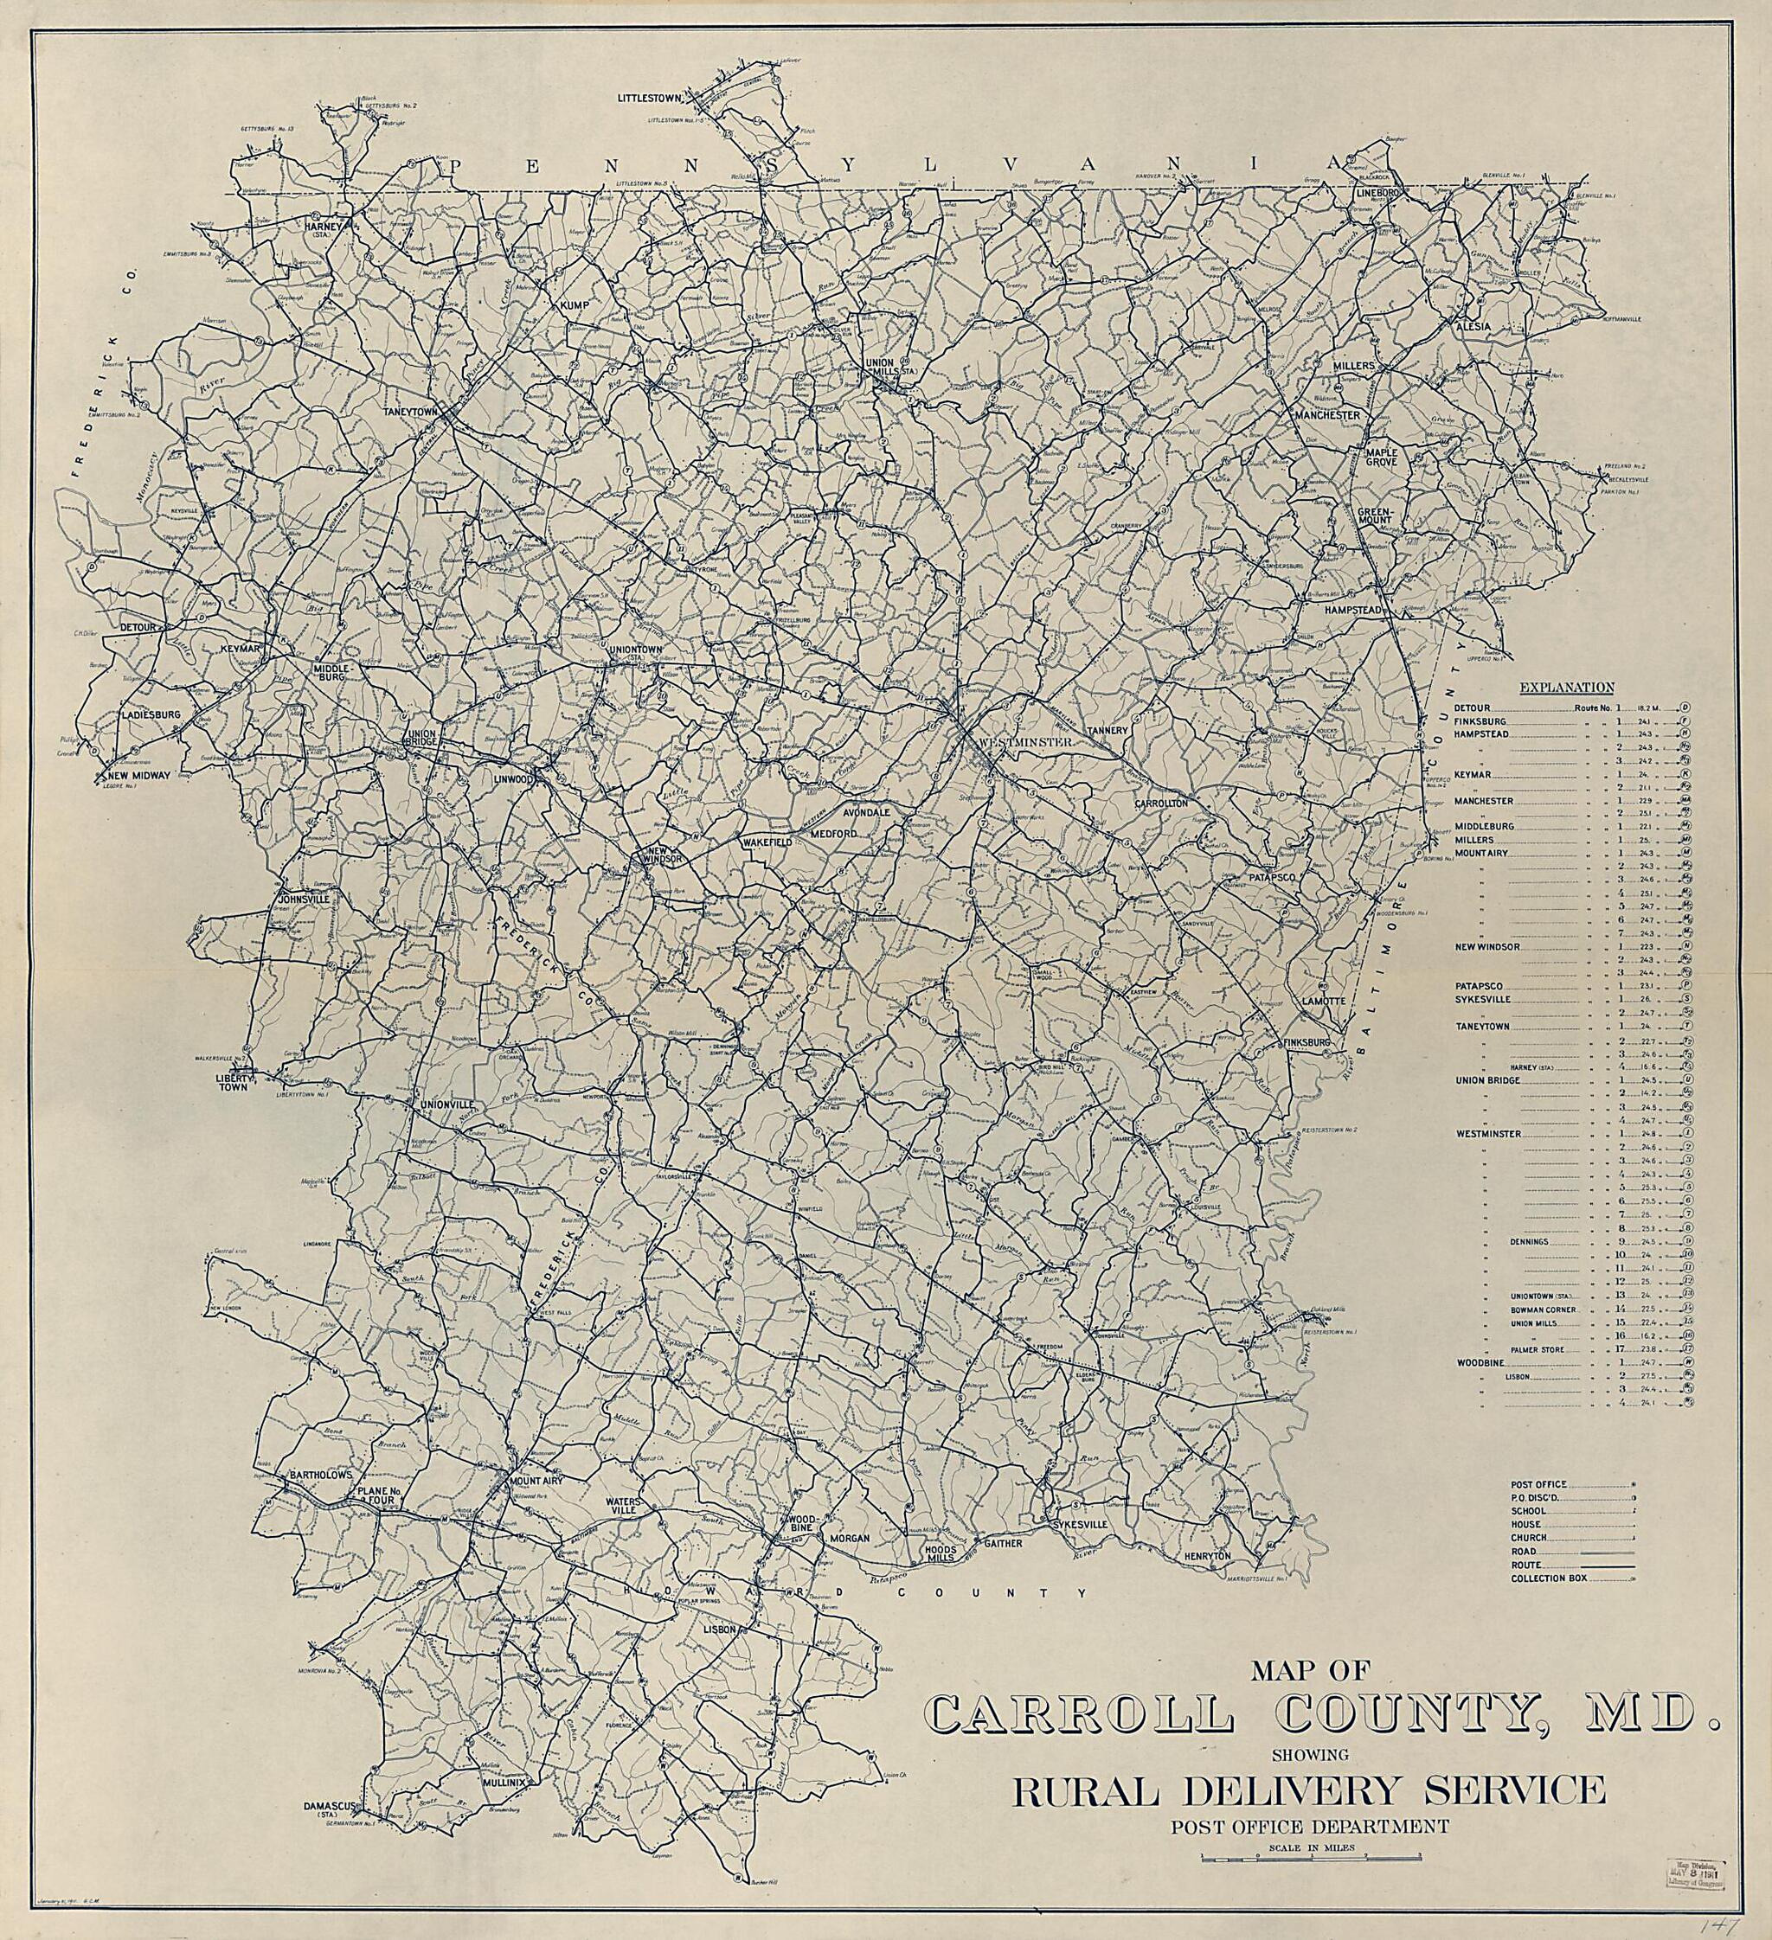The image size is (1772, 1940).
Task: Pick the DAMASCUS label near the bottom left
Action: pos(331,1832)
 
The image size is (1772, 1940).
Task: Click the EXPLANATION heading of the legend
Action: pos(1566,687)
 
